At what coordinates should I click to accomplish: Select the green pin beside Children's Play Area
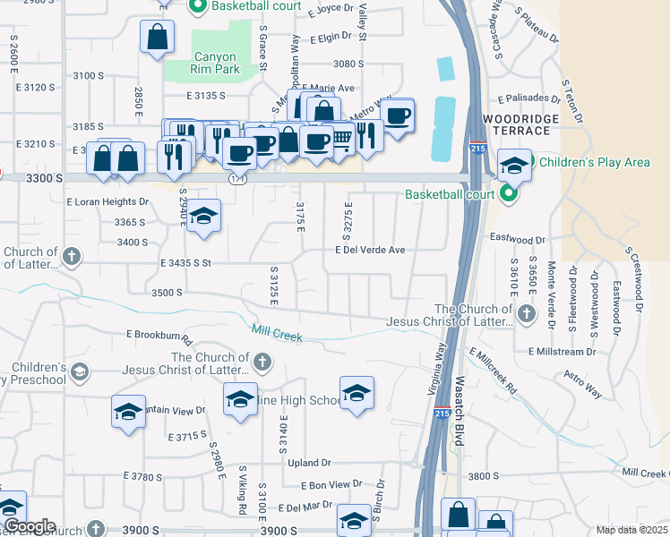click(x=528, y=162)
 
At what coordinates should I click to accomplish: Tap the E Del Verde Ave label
click(x=375, y=251)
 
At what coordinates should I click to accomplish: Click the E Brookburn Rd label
click(x=159, y=337)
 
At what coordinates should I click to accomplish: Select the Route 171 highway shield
click(x=236, y=179)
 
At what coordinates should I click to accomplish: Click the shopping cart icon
click(x=341, y=139)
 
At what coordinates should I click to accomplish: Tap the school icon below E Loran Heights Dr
click(x=203, y=216)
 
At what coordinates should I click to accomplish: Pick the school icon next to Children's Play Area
click(x=514, y=166)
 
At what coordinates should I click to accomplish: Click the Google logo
click(x=30, y=526)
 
